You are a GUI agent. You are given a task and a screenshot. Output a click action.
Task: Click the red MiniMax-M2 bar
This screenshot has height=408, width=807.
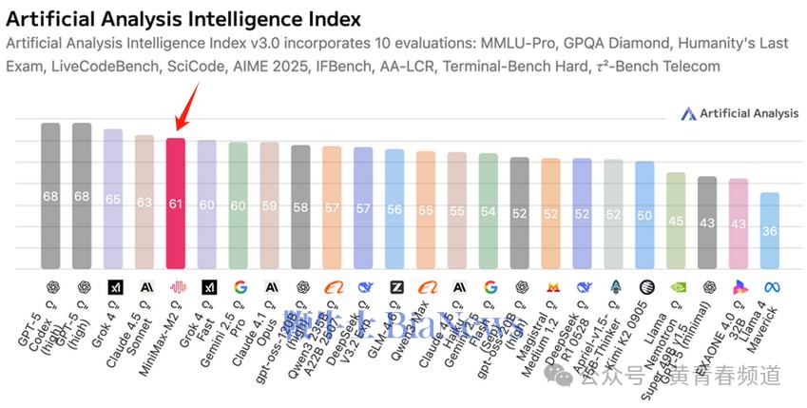176,203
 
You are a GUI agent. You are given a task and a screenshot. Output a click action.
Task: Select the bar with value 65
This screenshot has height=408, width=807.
113,199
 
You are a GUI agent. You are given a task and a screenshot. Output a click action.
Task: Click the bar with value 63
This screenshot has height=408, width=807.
144,202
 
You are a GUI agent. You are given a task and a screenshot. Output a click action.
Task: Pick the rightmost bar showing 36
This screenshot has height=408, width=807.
770,230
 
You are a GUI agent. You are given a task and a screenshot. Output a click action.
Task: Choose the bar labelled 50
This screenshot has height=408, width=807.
644,215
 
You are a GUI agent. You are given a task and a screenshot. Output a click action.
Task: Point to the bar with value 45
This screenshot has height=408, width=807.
676,221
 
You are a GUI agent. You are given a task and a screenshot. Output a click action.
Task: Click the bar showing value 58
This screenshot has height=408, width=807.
300,206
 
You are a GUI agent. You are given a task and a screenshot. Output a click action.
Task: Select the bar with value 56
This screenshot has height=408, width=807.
394,208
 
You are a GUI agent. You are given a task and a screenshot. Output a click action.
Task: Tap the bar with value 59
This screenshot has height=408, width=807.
269,204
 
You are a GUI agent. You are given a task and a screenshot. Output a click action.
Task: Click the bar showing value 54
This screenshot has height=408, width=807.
489,210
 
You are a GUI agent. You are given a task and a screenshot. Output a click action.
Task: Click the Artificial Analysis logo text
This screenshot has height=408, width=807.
749,113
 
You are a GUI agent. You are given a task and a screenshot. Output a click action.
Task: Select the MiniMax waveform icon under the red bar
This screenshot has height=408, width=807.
176,285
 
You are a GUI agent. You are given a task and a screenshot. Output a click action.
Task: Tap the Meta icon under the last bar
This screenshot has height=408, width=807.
770,285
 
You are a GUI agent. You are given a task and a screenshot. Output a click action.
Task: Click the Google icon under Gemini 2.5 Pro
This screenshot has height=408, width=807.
239,285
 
